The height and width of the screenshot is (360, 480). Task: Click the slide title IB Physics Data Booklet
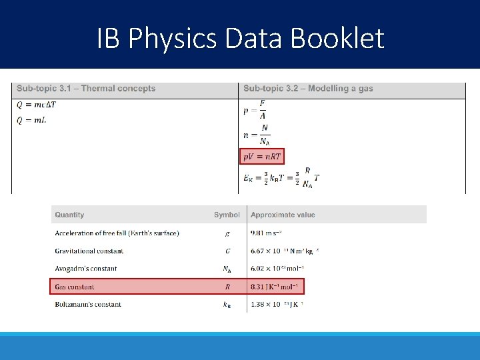point(240,38)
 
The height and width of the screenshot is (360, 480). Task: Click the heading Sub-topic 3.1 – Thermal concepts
point(86,89)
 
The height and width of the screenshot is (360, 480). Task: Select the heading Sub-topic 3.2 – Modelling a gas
point(308,89)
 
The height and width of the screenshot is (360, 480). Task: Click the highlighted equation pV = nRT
point(262,157)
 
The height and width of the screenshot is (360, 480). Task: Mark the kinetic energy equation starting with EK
point(281,177)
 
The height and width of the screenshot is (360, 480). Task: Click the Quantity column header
point(69,215)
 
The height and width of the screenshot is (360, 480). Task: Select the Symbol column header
point(227,215)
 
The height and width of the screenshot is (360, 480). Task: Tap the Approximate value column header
point(283,215)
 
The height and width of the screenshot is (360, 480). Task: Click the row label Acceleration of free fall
point(117,233)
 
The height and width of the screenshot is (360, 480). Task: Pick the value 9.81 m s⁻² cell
point(266,233)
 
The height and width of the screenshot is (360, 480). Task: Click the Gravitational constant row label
point(89,251)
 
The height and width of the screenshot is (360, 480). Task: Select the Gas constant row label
point(75,287)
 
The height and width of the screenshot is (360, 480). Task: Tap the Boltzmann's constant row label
point(88,305)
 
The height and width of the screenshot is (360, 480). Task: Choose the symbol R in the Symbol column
point(227,287)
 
